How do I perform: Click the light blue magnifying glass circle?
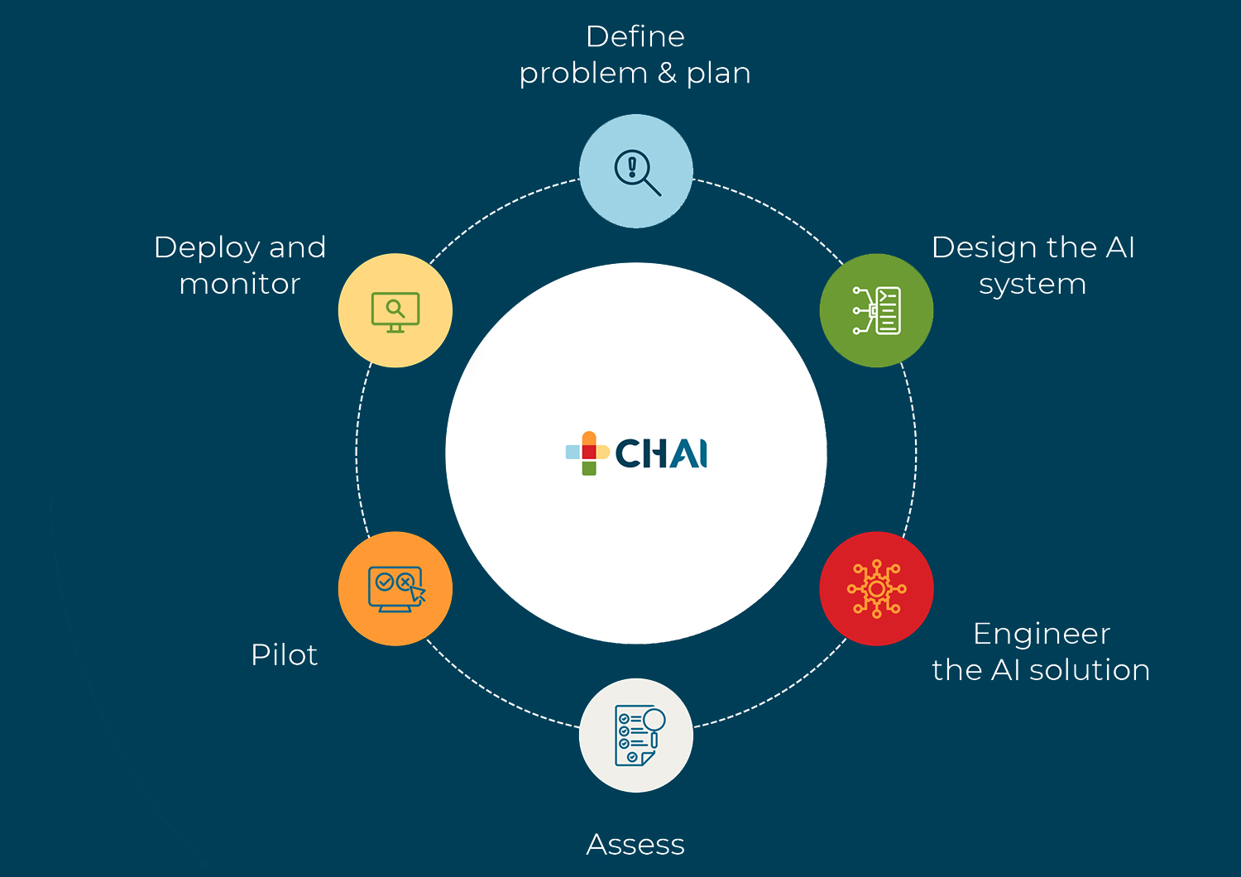[x=635, y=171]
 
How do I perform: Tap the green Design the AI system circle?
[x=876, y=310]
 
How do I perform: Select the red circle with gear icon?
[x=876, y=588]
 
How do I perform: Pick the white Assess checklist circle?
[x=635, y=736]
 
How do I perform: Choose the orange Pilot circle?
[x=395, y=588]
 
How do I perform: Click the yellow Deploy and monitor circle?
[x=395, y=310]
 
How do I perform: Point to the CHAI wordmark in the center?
[x=661, y=453]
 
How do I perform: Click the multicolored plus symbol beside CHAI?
[x=588, y=453]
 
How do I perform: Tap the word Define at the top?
[x=635, y=36]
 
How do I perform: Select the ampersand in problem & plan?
[x=667, y=73]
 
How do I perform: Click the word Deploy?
[x=208, y=248]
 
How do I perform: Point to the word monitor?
[x=239, y=284]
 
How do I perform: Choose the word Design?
[x=984, y=248]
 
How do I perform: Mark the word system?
[x=1032, y=285]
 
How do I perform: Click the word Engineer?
[x=1041, y=634]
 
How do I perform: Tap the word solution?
[x=1089, y=670]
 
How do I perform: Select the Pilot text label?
[x=284, y=654]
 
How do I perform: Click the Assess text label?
[x=635, y=845]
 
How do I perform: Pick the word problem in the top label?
[x=583, y=74]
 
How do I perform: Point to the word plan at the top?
[x=718, y=74]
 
